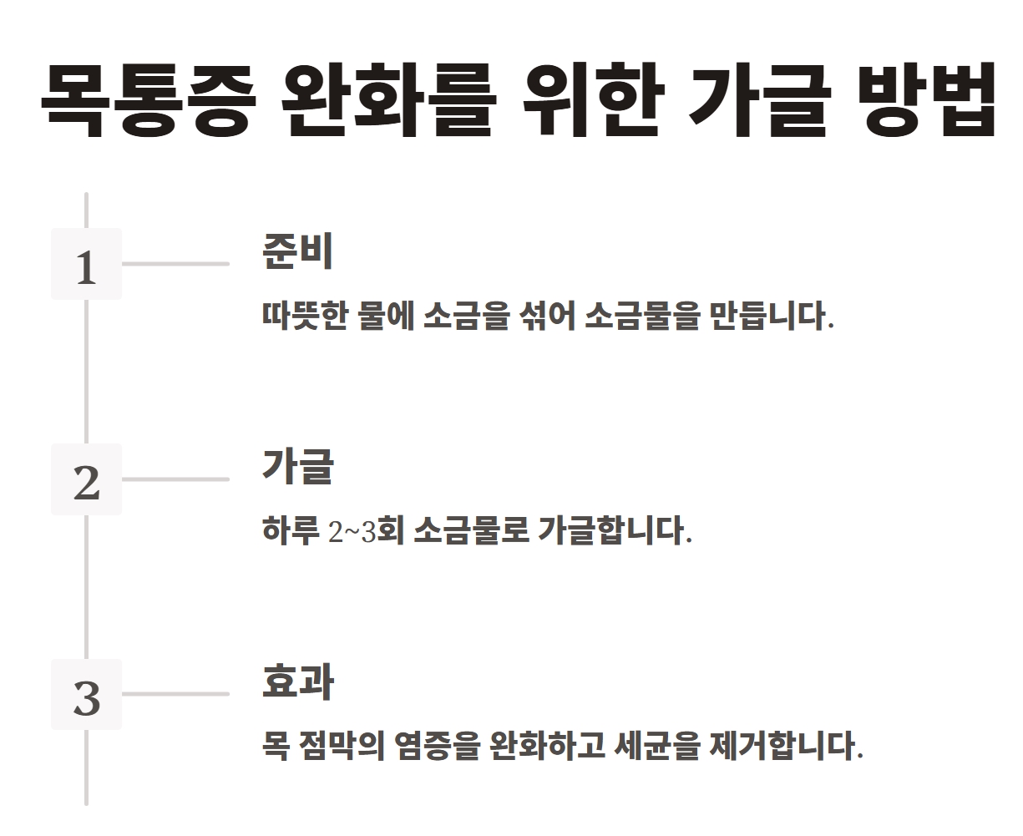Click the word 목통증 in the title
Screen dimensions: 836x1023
(144, 100)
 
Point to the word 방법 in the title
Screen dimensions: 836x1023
(926, 100)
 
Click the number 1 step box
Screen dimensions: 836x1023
(86, 264)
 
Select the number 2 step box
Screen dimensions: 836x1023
(86, 479)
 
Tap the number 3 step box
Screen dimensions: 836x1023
(86, 694)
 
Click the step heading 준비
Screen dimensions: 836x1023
(297, 251)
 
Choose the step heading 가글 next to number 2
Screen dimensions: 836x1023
(297, 466)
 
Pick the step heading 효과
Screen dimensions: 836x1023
(297, 681)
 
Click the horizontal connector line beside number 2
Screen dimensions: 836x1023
(175, 479)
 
